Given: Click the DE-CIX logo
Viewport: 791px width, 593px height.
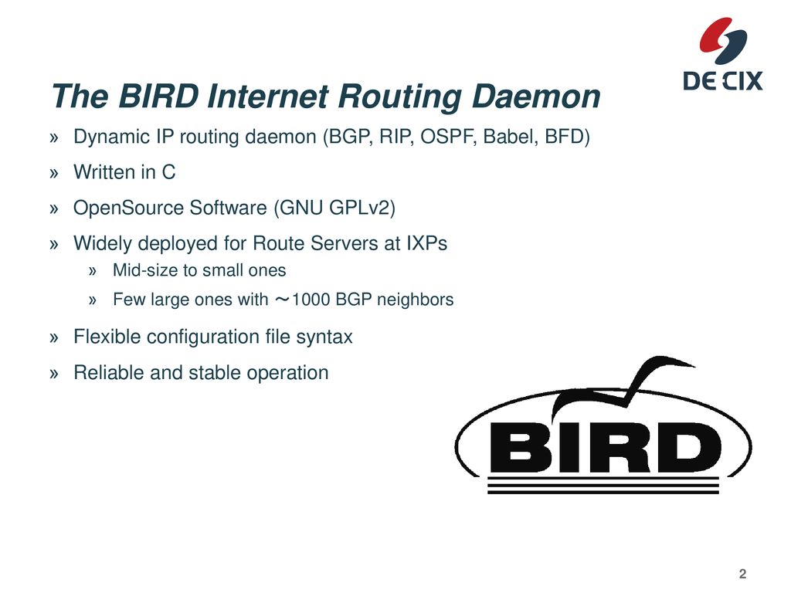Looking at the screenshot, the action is click(723, 54).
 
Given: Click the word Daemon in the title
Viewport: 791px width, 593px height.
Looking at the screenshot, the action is click(536, 96).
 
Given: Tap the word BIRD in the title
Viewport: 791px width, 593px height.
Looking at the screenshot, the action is click(158, 96).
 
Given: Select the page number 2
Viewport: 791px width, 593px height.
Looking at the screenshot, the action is click(742, 574).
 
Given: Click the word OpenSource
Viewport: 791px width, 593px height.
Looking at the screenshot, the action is click(128, 208).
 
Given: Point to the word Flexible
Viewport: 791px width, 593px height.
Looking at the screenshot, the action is click(107, 337).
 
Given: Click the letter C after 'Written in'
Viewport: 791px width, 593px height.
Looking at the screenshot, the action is click(168, 172).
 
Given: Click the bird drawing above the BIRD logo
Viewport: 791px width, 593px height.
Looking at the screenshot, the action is click(624, 386).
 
